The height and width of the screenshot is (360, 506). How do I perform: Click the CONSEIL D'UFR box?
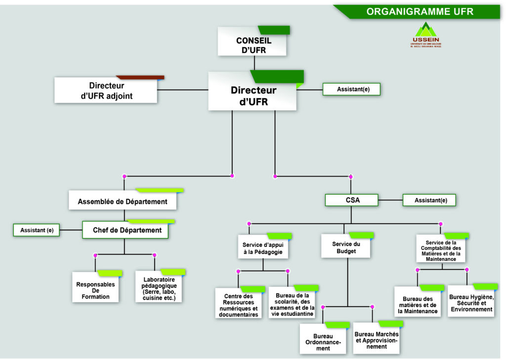tap(253, 44)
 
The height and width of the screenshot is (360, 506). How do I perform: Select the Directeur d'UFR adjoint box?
tap(106, 91)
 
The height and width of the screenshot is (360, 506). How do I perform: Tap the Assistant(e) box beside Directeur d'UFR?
tap(352, 90)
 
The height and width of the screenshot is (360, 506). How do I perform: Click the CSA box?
tap(351, 200)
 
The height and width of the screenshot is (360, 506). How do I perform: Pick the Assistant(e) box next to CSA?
tap(429, 200)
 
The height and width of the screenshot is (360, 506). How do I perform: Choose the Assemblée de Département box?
tap(123, 201)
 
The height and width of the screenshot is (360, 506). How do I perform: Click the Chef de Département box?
tap(127, 230)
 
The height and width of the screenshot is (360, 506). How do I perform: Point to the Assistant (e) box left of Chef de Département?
tap(37, 230)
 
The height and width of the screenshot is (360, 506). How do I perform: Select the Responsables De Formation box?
tap(95, 288)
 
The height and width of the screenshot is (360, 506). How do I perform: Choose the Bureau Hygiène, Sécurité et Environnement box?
tap(471, 303)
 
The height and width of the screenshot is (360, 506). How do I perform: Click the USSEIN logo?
tap(426, 35)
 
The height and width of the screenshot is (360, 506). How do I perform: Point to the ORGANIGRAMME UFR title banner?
tap(419, 12)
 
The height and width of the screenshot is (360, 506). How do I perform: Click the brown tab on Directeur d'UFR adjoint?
tap(140, 78)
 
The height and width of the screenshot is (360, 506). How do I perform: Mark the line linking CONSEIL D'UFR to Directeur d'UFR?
tap(254, 63)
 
